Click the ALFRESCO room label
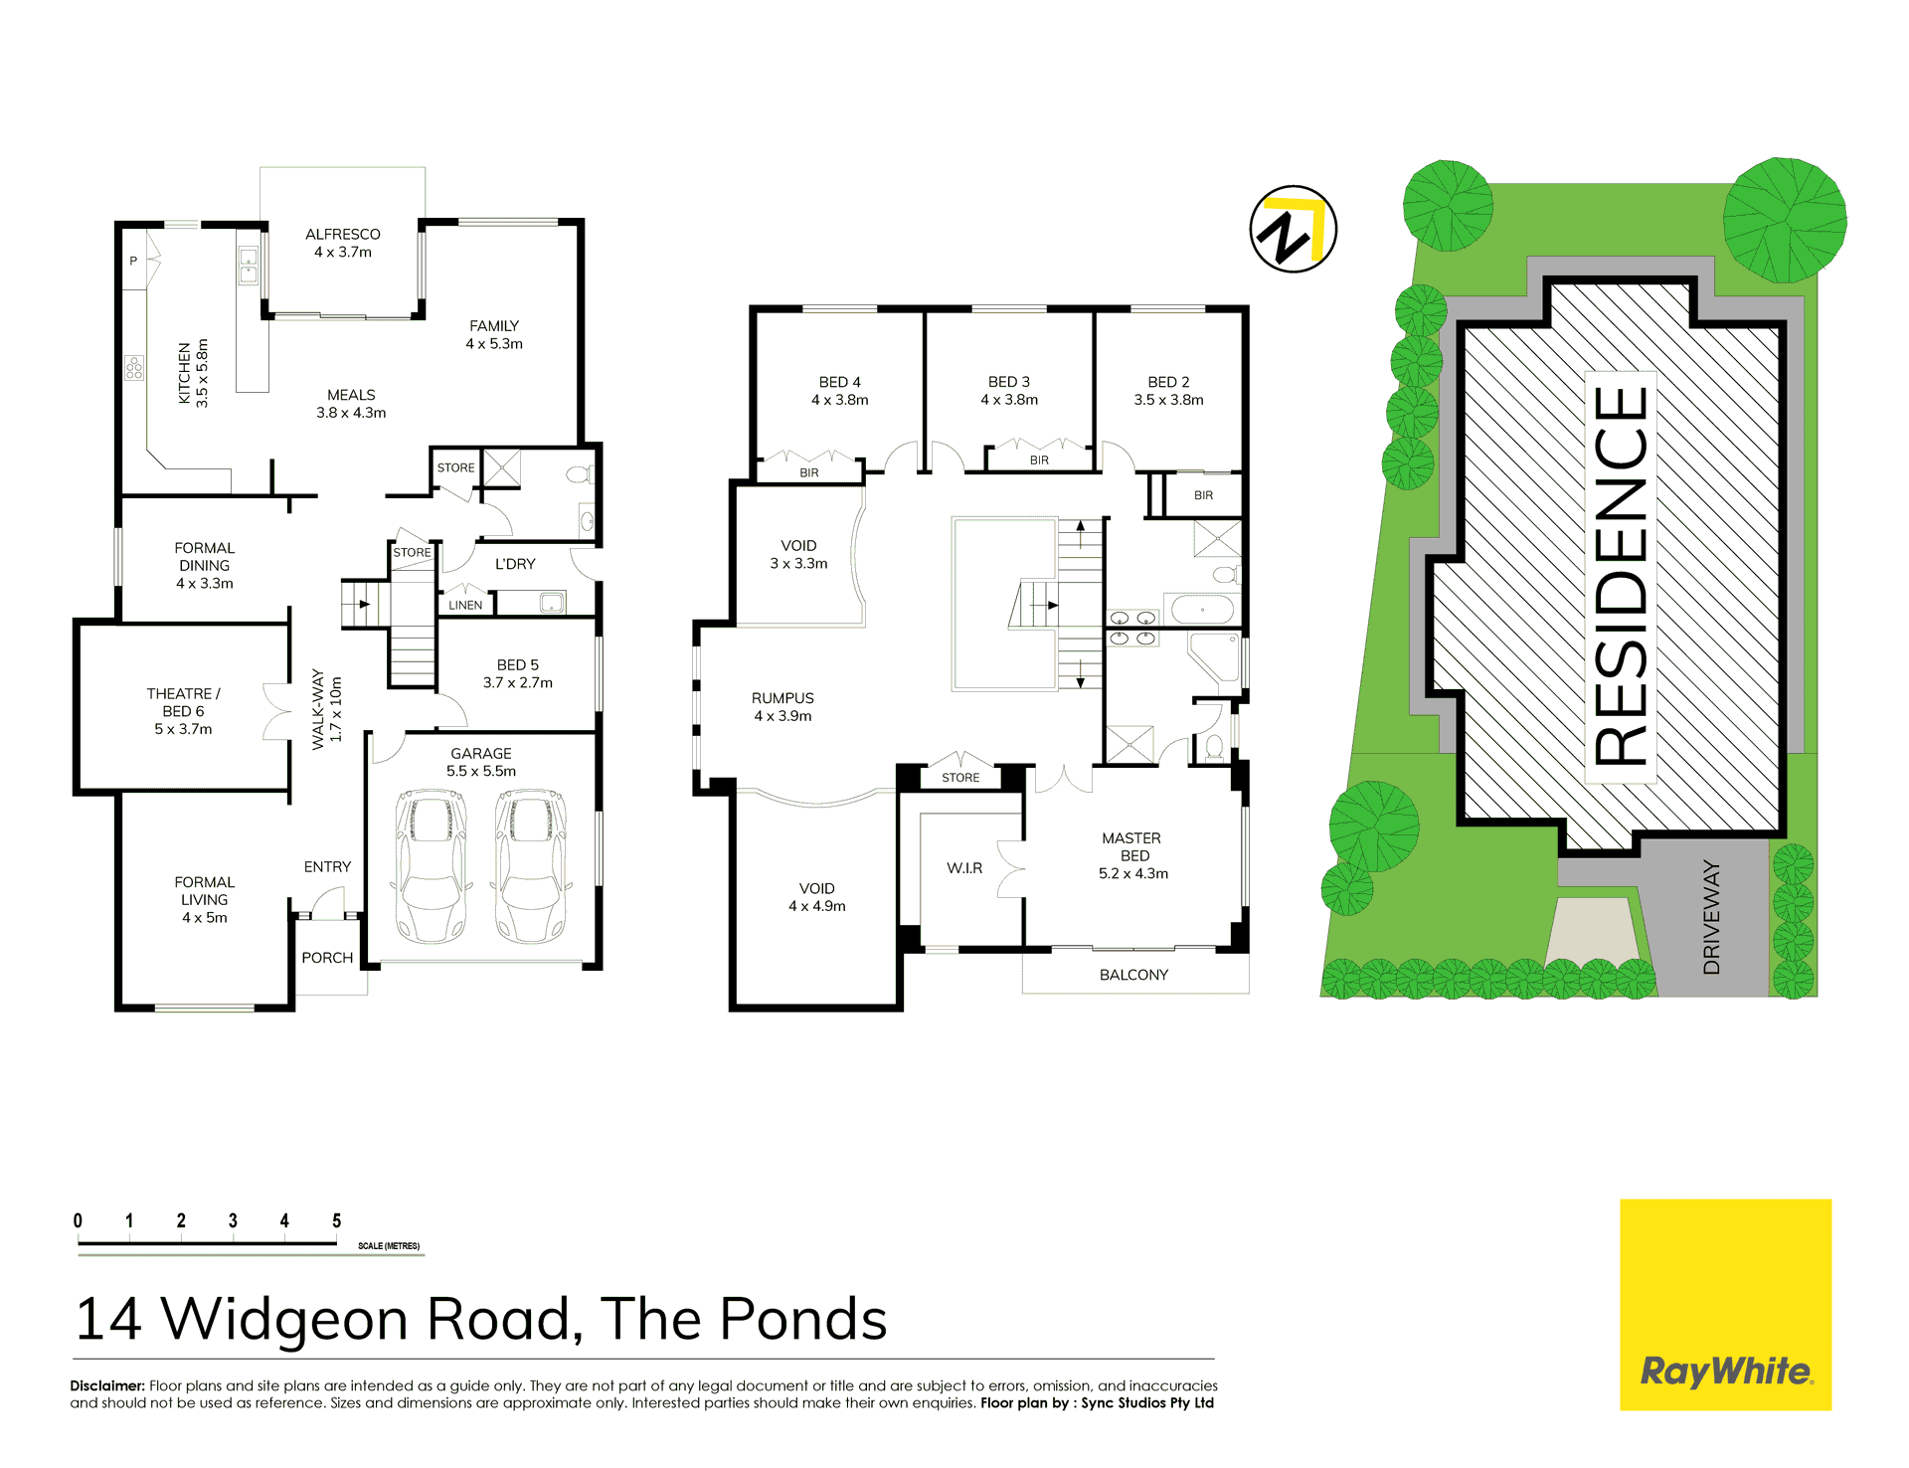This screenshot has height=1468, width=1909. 343,235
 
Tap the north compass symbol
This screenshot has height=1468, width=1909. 1293,230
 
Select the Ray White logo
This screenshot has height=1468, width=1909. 1725,1304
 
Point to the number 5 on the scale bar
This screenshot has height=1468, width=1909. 337,1220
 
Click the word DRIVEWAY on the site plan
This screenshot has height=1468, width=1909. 1711,917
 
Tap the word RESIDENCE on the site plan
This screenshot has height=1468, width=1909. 1621,576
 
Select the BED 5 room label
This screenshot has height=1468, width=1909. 518,664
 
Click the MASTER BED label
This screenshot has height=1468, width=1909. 1132,846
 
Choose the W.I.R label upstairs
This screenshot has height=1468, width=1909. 964,868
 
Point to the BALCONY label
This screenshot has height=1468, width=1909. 1133,975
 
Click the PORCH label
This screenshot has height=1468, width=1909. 327,958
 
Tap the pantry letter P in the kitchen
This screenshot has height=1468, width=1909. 133,261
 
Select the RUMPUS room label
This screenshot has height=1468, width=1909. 782,698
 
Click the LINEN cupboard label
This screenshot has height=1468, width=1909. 465,605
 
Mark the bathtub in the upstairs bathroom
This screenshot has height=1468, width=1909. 1201,609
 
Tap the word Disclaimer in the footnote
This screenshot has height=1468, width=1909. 107,1385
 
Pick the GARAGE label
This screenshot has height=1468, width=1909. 481,754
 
